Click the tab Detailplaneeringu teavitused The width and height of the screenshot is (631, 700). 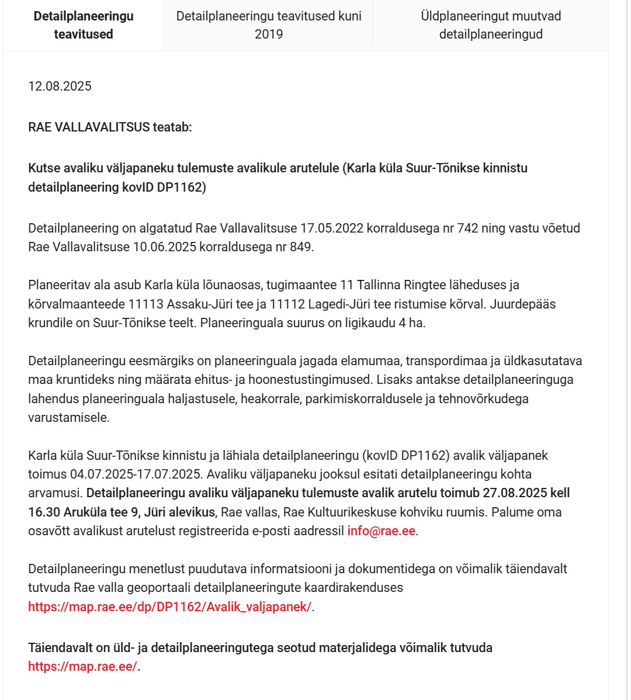point(84,25)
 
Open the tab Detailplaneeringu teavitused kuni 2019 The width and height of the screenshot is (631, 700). point(269,25)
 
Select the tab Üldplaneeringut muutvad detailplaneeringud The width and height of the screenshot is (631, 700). point(491,25)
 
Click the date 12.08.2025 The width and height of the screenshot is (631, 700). point(60,86)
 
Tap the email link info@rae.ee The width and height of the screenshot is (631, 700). point(382,531)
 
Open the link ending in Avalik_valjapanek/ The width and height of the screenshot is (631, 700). point(169,607)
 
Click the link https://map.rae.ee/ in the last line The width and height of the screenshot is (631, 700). point(82,667)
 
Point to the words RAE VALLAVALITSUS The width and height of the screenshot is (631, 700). point(89,127)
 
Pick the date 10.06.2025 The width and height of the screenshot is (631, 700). point(165,247)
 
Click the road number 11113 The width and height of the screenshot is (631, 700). point(147,304)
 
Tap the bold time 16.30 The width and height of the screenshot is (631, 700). point(44,512)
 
